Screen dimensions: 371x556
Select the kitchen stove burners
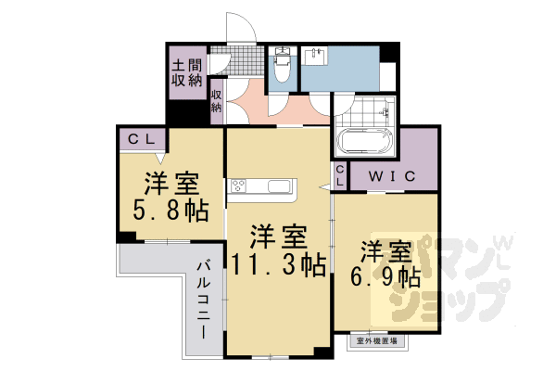coord(238,185)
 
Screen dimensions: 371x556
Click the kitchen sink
coord(279,186)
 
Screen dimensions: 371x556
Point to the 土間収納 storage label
coord(185,73)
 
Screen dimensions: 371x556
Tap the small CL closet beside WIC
coord(340,176)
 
